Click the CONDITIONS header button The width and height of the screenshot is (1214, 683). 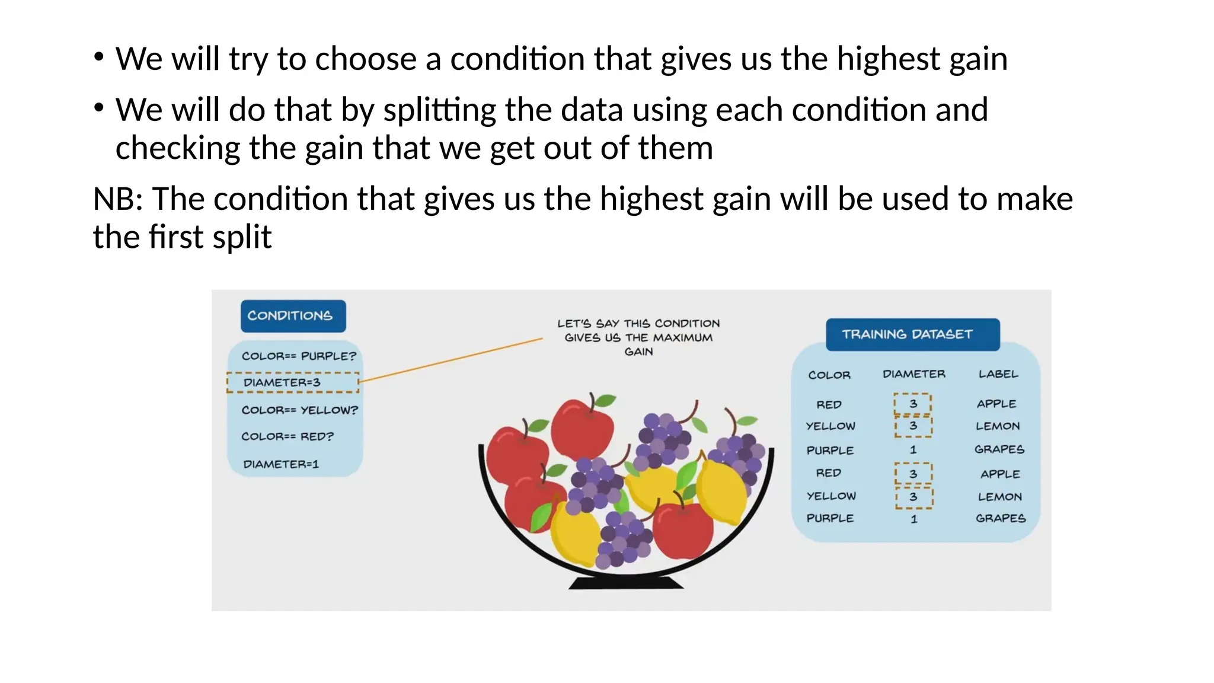293,315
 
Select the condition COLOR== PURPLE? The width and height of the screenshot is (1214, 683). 299,356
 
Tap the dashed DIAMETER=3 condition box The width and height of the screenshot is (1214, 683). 293,382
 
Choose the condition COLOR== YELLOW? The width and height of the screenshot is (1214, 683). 299,410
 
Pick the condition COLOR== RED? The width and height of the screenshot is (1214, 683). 287,436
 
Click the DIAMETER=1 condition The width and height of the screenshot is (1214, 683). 281,464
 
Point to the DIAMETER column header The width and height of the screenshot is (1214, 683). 913,374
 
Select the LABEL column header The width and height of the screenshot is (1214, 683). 998,374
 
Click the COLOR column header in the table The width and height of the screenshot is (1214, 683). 829,375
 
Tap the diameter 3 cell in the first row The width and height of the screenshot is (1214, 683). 913,404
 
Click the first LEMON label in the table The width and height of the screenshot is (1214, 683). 998,426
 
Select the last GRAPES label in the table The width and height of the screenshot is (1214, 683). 1001,518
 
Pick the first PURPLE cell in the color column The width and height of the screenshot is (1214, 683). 830,450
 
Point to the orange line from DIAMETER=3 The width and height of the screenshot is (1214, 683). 451,359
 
